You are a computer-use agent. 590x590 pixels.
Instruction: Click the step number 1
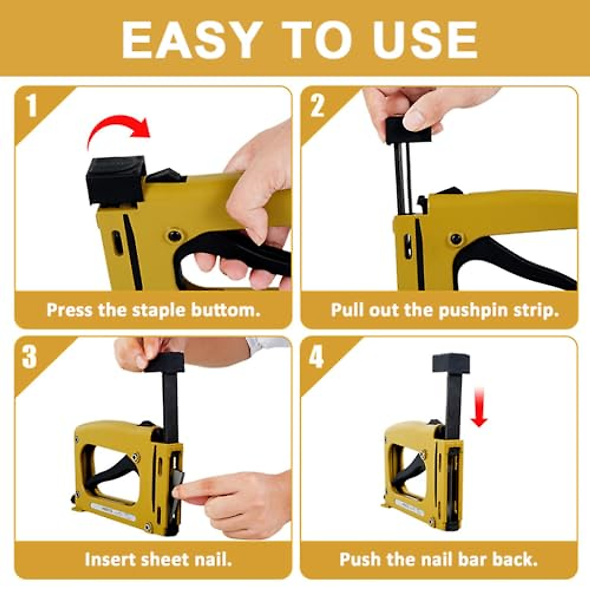(x=31, y=106)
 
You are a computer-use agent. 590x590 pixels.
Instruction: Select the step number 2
(x=318, y=106)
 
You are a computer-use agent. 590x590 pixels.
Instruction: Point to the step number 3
(x=29, y=356)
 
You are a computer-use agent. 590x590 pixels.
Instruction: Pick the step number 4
(x=316, y=356)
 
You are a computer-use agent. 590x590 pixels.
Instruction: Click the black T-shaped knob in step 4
(x=450, y=364)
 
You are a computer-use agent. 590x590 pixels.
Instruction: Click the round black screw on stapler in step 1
(x=174, y=235)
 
